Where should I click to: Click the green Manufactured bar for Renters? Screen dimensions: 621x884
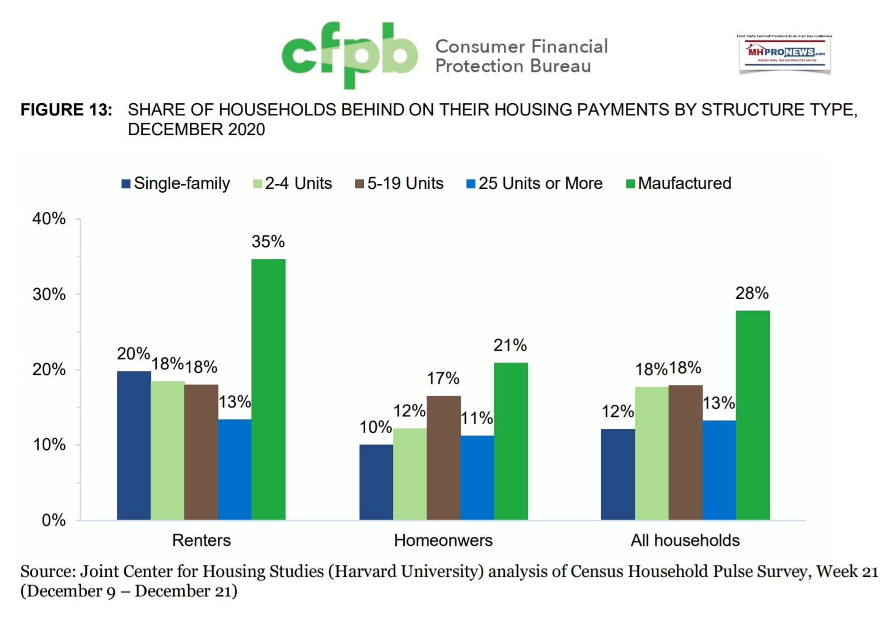268,389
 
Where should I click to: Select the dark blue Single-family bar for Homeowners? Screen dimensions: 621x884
376,482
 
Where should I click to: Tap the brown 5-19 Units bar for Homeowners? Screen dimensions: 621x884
443,457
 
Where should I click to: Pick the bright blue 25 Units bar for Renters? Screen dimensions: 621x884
235,469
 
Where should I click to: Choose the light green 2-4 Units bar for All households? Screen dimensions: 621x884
651,453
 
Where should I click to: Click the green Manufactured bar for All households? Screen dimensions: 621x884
752,415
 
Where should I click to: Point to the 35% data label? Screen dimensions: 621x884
268,242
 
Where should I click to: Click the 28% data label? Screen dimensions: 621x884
752,293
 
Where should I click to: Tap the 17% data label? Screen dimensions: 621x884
443,378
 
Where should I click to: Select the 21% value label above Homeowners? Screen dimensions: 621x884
510,345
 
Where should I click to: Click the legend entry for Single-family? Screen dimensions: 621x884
176,183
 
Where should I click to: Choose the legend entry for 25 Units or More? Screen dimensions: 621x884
535,183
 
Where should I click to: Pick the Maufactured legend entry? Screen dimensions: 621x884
679,183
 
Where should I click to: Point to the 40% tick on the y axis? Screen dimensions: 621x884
49,219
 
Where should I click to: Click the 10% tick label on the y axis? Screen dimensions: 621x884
49,445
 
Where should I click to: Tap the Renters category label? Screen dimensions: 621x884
201,540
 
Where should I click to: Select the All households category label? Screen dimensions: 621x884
685,540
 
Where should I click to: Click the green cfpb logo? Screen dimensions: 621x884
349,54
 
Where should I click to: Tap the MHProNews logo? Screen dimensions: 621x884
784,54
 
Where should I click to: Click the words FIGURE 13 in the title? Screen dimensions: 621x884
66,110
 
